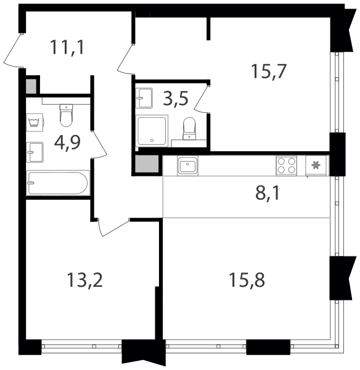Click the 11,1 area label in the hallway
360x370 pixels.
point(67,47)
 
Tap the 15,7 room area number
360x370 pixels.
point(269,72)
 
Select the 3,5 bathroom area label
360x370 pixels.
point(176,99)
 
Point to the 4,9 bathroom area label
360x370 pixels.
point(67,143)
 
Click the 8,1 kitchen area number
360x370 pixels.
point(268,193)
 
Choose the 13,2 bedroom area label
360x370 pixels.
point(84,280)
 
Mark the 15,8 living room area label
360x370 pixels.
point(247,280)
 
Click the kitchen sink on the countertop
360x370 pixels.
point(188,166)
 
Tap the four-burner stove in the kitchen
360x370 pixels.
point(287,166)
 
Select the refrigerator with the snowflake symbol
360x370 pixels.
point(316,165)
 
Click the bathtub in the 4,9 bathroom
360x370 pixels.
point(58,183)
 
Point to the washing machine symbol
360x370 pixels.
point(35,122)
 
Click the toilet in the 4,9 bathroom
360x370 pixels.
point(67,115)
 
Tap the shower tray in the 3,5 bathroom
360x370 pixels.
point(152,131)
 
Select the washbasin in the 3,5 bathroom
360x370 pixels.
point(144,98)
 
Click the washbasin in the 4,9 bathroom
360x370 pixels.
point(35,152)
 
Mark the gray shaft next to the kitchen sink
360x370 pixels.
point(147,164)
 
